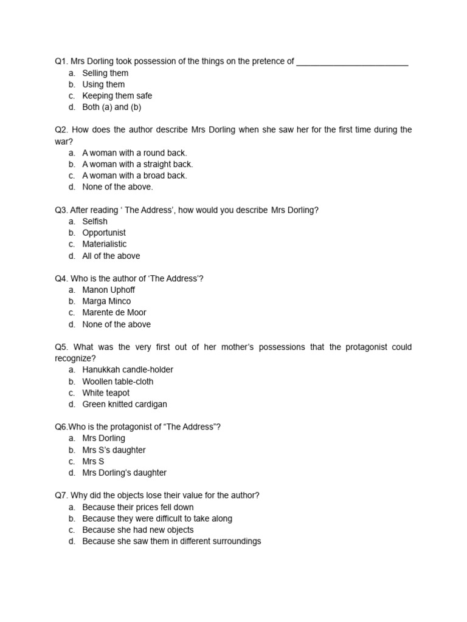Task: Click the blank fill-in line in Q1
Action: tap(352, 63)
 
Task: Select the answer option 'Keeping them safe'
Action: tap(117, 96)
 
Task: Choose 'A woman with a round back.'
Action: tap(134, 153)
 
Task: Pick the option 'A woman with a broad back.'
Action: tap(134, 176)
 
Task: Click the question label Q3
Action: tap(61, 210)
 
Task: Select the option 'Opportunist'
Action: tap(104, 233)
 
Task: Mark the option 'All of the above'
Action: tap(111, 256)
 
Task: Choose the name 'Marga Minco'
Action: tap(106, 301)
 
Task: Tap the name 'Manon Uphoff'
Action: tap(108, 290)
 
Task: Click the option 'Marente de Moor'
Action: tap(114, 313)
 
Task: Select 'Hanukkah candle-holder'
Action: tap(128, 370)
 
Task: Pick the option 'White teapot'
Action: tap(106, 393)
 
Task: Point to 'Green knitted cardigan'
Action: tap(125, 405)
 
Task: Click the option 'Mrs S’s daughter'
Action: tap(114, 450)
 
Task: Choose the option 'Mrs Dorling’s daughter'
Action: tap(124, 473)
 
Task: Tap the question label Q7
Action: tap(61, 496)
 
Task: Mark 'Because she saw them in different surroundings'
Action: tap(171, 541)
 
